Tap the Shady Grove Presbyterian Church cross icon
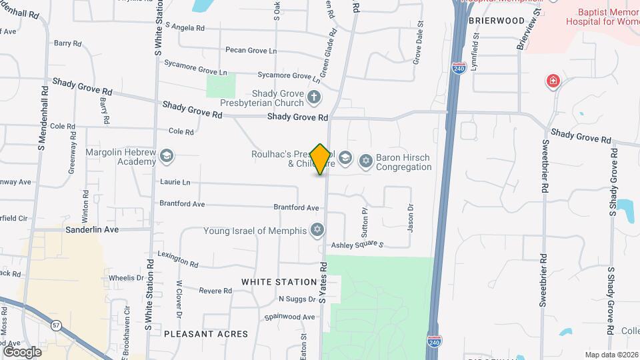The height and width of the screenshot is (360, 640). (x=315, y=99)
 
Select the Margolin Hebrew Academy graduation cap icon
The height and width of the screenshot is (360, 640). (x=166, y=157)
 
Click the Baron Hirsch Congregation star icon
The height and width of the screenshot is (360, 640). (x=365, y=161)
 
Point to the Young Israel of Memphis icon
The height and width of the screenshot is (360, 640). (x=317, y=231)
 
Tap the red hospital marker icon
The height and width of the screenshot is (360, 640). (x=553, y=82)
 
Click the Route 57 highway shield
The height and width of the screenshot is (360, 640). (x=55, y=325)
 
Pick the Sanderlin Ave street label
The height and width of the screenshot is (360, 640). (x=92, y=229)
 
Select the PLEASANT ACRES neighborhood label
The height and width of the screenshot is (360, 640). (x=206, y=333)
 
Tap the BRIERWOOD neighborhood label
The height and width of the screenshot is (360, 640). (x=497, y=21)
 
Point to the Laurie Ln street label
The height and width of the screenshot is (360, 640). (x=175, y=182)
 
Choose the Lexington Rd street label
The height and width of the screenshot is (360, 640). (x=178, y=259)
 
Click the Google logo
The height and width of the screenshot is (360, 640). (x=22, y=351)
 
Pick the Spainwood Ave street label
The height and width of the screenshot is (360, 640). (x=289, y=317)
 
